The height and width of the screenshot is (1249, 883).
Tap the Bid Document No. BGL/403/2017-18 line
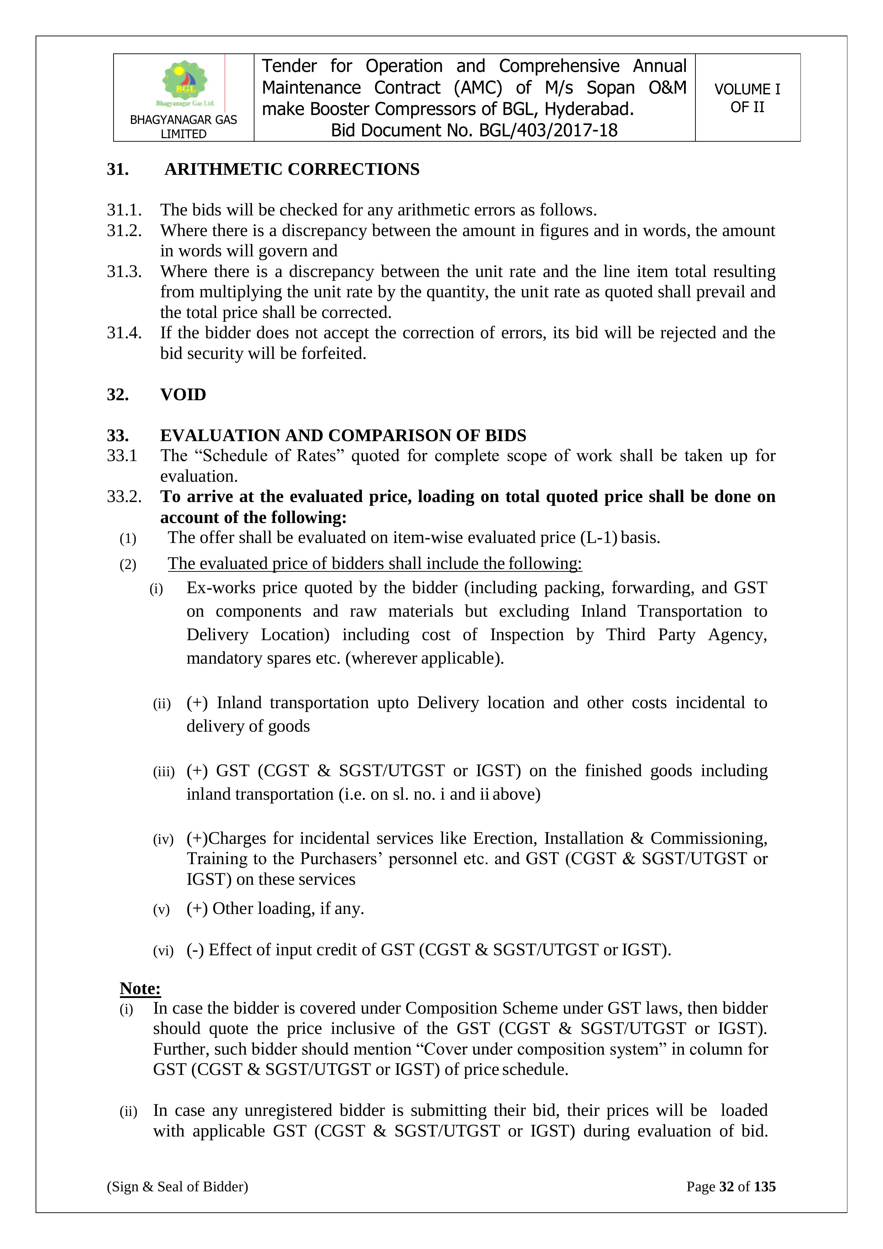(474, 131)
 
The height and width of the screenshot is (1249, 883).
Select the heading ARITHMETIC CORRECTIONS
(292, 170)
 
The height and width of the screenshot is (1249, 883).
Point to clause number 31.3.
(124, 271)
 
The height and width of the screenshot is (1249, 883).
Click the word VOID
(183, 394)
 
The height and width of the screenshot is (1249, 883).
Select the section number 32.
(117, 394)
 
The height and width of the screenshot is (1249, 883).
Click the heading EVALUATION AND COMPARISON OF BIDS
(343, 436)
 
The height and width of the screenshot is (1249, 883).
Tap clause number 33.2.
(124, 497)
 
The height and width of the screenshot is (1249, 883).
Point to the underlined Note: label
(140, 988)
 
